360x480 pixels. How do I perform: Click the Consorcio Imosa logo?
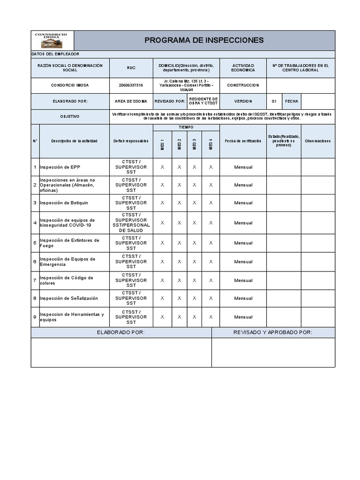[x=52, y=40]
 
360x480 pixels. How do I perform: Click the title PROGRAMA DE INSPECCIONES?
[x=204, y=40]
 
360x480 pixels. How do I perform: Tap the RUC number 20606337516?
[x=131, y=85]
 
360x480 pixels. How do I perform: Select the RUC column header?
[x=131, y=68]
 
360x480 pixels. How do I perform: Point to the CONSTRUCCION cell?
[x=243, y=85]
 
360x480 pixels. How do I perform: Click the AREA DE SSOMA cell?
[x=131, y=101]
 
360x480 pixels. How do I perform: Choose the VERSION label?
[x=243, y=101]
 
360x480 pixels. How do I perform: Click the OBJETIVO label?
[x=70, y=116]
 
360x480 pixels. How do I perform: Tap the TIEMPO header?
[x=186, y=127]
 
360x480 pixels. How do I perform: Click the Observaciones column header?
[x=317, y=141]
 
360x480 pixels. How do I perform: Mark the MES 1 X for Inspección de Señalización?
[x=162, y=298]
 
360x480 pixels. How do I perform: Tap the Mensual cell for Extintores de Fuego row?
[x=243, y=243]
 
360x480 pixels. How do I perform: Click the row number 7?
[x=35, y=280]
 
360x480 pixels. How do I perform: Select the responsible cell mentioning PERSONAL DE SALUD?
[x=131, y=223]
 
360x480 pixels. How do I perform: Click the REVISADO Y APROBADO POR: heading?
[x=272, y=332]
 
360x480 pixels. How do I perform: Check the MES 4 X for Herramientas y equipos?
[x=211, y=317]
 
